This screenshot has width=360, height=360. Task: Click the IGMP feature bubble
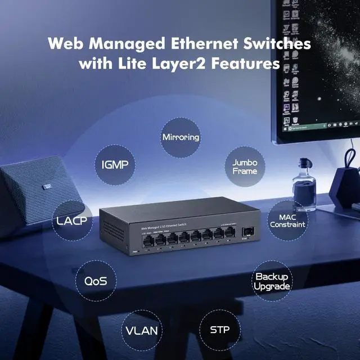coord(115,165)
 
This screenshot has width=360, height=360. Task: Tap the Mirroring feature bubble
coord(181,137)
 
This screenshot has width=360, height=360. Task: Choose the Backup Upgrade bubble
coord(272,281)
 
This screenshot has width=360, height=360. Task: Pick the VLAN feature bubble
coord(141,330)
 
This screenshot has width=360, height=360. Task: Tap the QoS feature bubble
coord(95,281)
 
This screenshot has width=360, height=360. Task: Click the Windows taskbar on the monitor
coord(321,128)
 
